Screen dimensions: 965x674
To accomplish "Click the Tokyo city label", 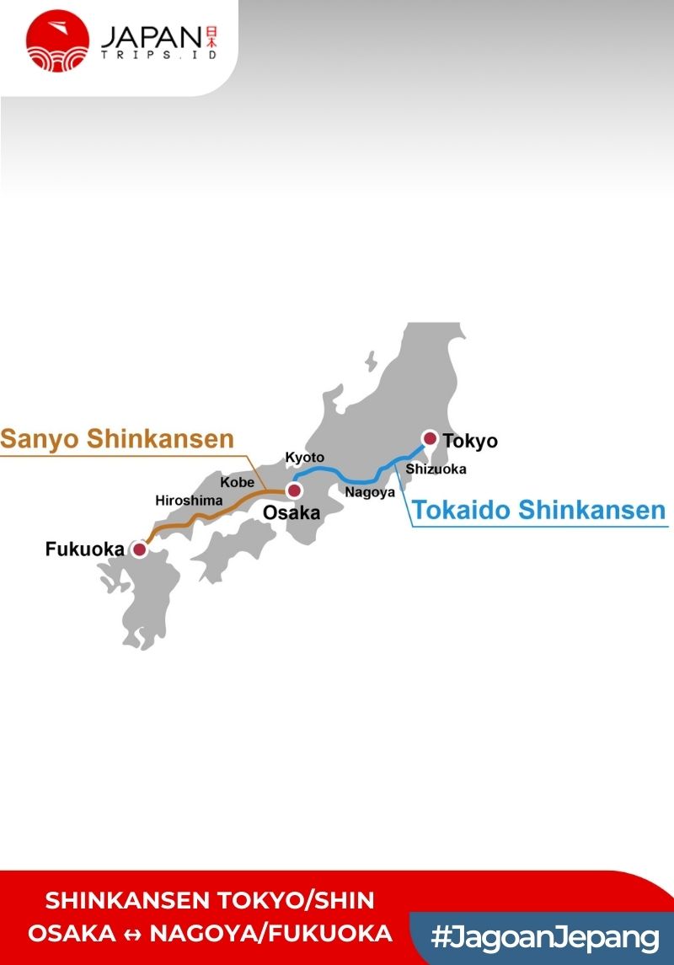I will (470, 441).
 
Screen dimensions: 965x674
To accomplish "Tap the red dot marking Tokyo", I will (430, 438).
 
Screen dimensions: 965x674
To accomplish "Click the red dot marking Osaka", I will (294, 491).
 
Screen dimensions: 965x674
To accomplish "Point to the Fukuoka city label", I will (84, 550).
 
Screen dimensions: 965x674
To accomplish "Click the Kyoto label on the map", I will (304, 457).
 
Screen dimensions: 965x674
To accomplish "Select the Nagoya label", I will (370, 492).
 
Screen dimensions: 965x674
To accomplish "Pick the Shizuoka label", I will (436, 469).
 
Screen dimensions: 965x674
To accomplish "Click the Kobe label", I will (237, 483).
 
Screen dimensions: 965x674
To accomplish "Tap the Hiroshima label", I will (189, 500).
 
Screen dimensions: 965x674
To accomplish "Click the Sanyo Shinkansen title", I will (117, 439).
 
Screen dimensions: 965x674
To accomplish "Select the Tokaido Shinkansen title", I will (538, 510).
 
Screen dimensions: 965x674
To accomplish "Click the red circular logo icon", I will (57, 40).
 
